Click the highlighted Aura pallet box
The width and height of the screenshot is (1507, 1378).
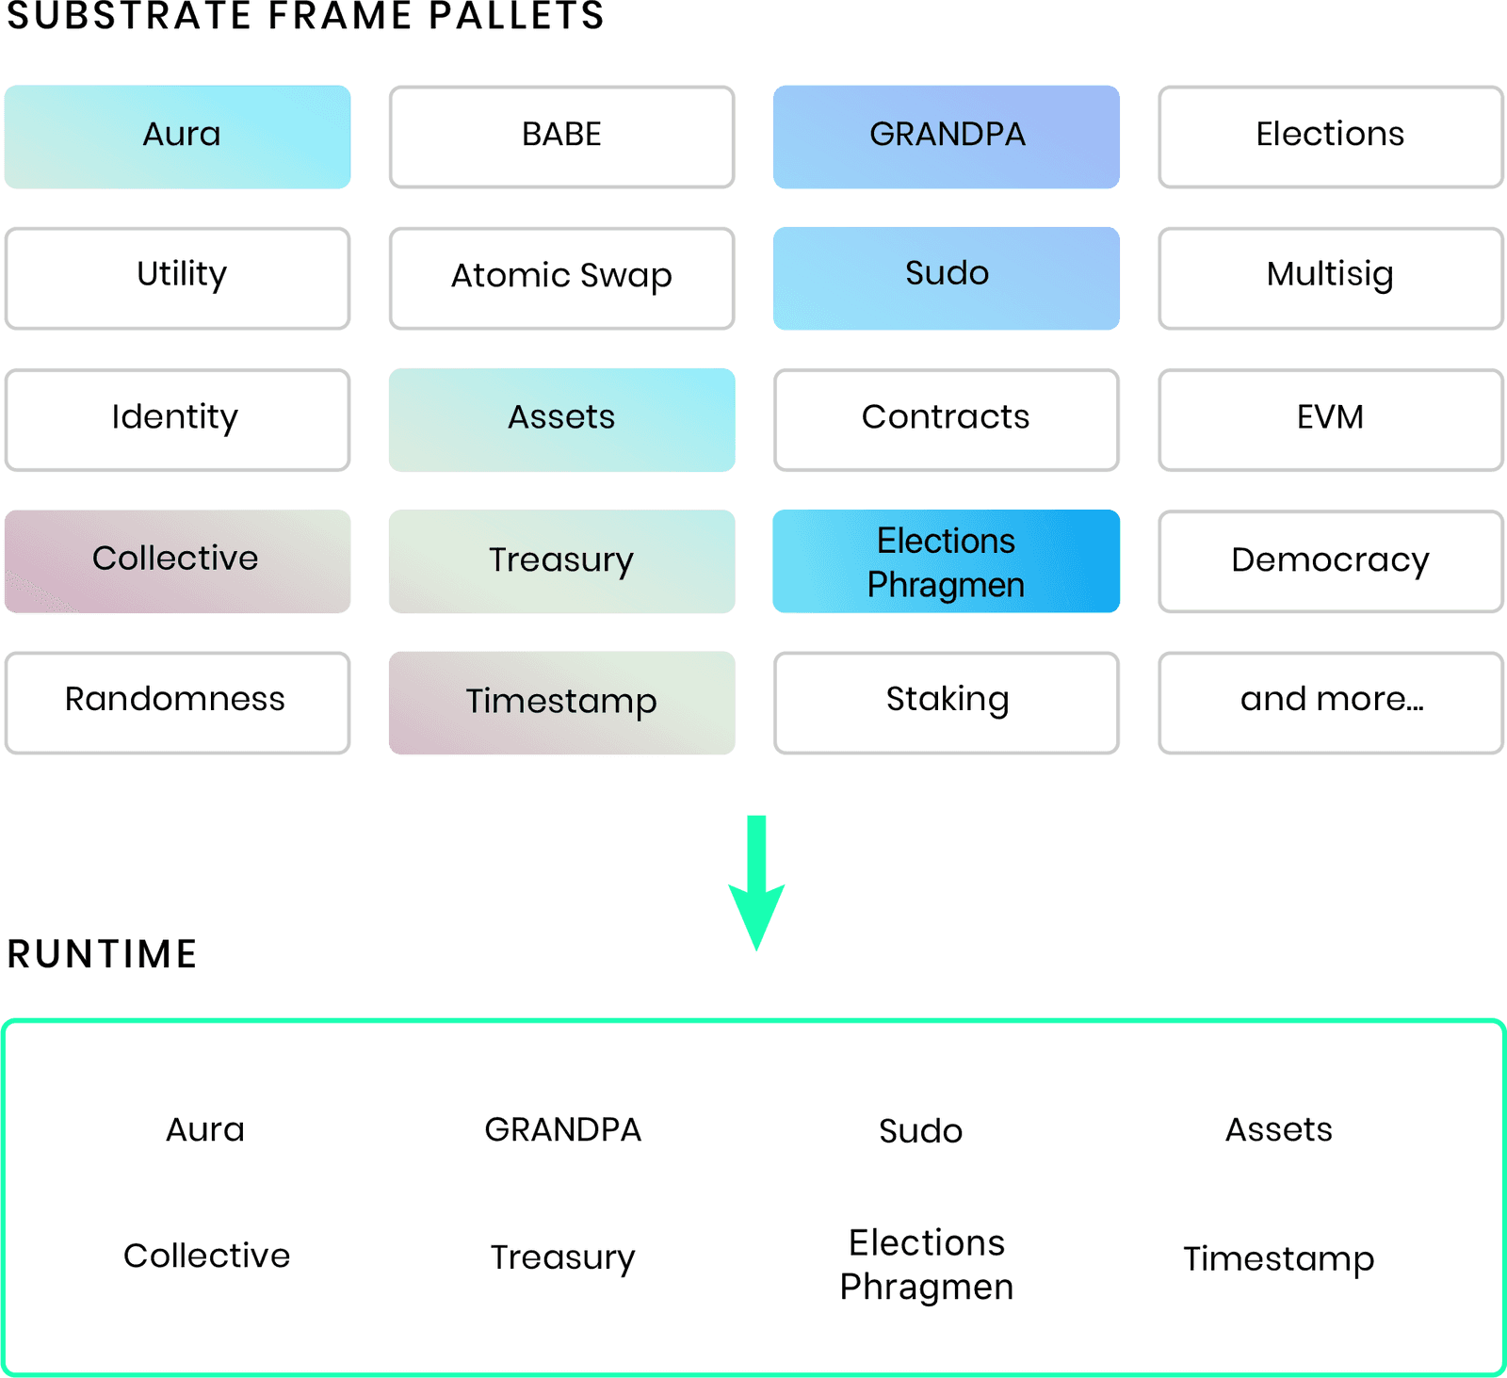click(177, 137)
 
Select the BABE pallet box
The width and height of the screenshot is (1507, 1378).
click(561, 137)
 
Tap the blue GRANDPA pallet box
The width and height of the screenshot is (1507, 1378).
click(946, 137)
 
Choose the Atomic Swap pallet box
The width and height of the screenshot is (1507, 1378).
click(561, 278)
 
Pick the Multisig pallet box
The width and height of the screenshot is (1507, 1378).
click(1330, 278)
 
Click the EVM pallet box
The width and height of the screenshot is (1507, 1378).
click(1330, 419)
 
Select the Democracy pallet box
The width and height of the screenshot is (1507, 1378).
click(1330, 561)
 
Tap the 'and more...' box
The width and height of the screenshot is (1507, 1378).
click(1330, 702)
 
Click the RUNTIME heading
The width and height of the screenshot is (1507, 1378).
click(102, 954)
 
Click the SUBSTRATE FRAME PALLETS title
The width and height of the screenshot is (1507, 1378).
click(305, 16)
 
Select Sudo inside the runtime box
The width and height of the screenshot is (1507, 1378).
click(920, 1130)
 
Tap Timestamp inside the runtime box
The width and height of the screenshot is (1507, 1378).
click(1278, 1258)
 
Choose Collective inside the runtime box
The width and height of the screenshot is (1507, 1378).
click(206, 1256)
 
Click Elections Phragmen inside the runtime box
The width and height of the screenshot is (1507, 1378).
click(926, 1265)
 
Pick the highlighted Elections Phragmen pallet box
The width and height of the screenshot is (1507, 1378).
click(946, 561)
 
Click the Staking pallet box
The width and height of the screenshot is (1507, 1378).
click(946, 702)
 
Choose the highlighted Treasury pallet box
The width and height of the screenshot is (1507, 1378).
click(561, 561)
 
